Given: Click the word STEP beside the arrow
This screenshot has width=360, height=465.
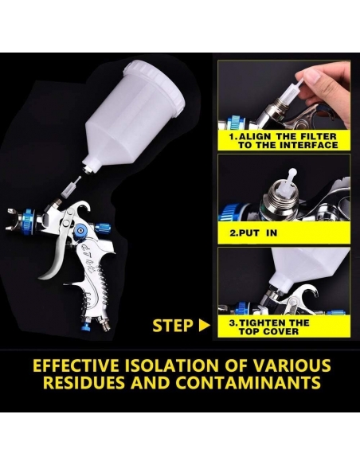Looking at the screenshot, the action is pos(173,326).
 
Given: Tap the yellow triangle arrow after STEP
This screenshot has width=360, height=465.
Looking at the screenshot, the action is pos(205,326).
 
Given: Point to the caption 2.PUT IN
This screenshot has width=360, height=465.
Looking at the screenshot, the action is pos(253,232).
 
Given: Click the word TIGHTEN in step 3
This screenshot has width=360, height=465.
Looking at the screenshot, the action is pos(266,322).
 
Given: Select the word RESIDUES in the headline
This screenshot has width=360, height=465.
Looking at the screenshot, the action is pos(84,382).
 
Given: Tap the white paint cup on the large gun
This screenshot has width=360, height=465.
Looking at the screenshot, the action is pos(133,116).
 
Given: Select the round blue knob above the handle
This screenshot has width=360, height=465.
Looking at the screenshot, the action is pos(80,229).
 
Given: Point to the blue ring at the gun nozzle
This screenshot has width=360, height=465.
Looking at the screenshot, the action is pos(29,222).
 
